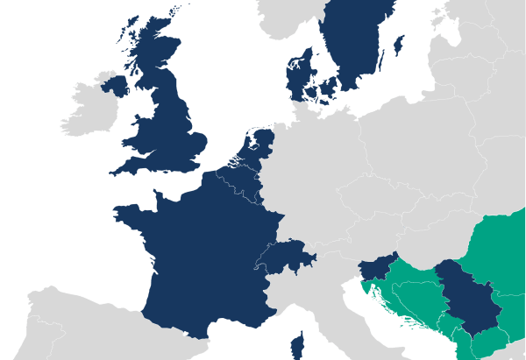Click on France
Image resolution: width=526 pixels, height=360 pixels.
click(197, 254)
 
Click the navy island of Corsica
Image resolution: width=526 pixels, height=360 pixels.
click(297, 345)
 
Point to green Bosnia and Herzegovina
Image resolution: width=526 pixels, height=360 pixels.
click(416, 298)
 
